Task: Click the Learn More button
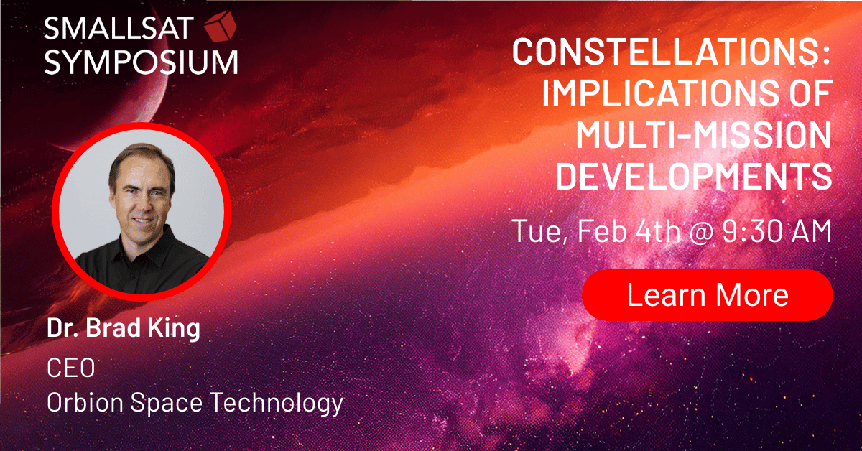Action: tap(708, 295)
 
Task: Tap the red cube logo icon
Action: tap(220, 26)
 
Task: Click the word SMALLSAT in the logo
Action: tap(119, 28)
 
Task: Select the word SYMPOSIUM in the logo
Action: tap(142, 62)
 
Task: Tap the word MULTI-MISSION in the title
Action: tap(704, 135)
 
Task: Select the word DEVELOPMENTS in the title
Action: tap(693, 176)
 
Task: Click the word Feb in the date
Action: tap(602, 231)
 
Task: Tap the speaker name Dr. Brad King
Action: tap(124, 328)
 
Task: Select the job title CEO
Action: tap(71, 368)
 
